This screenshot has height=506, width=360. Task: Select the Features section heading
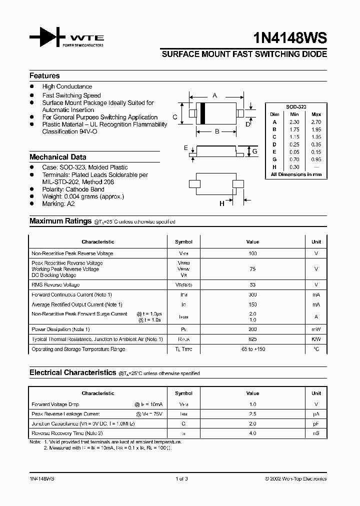[x=44, y=76]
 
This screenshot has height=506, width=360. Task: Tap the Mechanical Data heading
[x=57, y=157]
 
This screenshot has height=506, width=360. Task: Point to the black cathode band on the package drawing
[x=203, y=113]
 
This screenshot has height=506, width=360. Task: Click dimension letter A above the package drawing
[x=215, y=95]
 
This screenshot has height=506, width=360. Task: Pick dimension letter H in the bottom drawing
[x=221, y=203]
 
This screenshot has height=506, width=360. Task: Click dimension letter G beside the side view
[x=254, y=151]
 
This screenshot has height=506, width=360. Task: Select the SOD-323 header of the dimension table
[x=296, y=107]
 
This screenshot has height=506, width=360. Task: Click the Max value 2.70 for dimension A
[x=316, y=122]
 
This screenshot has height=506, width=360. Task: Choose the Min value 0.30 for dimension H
[x=294, y=167]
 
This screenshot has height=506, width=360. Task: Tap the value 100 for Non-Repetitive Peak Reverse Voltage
[x=252, y=253]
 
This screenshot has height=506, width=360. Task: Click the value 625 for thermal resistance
[x=252, y=339]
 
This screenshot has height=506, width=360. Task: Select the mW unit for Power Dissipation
[x=316, y=329]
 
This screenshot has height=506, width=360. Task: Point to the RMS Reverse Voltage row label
[x=55, y=284]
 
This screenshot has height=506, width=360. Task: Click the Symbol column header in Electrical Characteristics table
[x=183, y=393]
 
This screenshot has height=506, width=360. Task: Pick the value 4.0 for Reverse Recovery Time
[x=252, y=433]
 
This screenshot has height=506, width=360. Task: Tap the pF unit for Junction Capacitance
[x=316, y=423]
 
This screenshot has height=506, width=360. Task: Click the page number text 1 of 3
[x=181, y=478]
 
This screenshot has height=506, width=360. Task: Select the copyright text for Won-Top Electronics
[x=295, y=478]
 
